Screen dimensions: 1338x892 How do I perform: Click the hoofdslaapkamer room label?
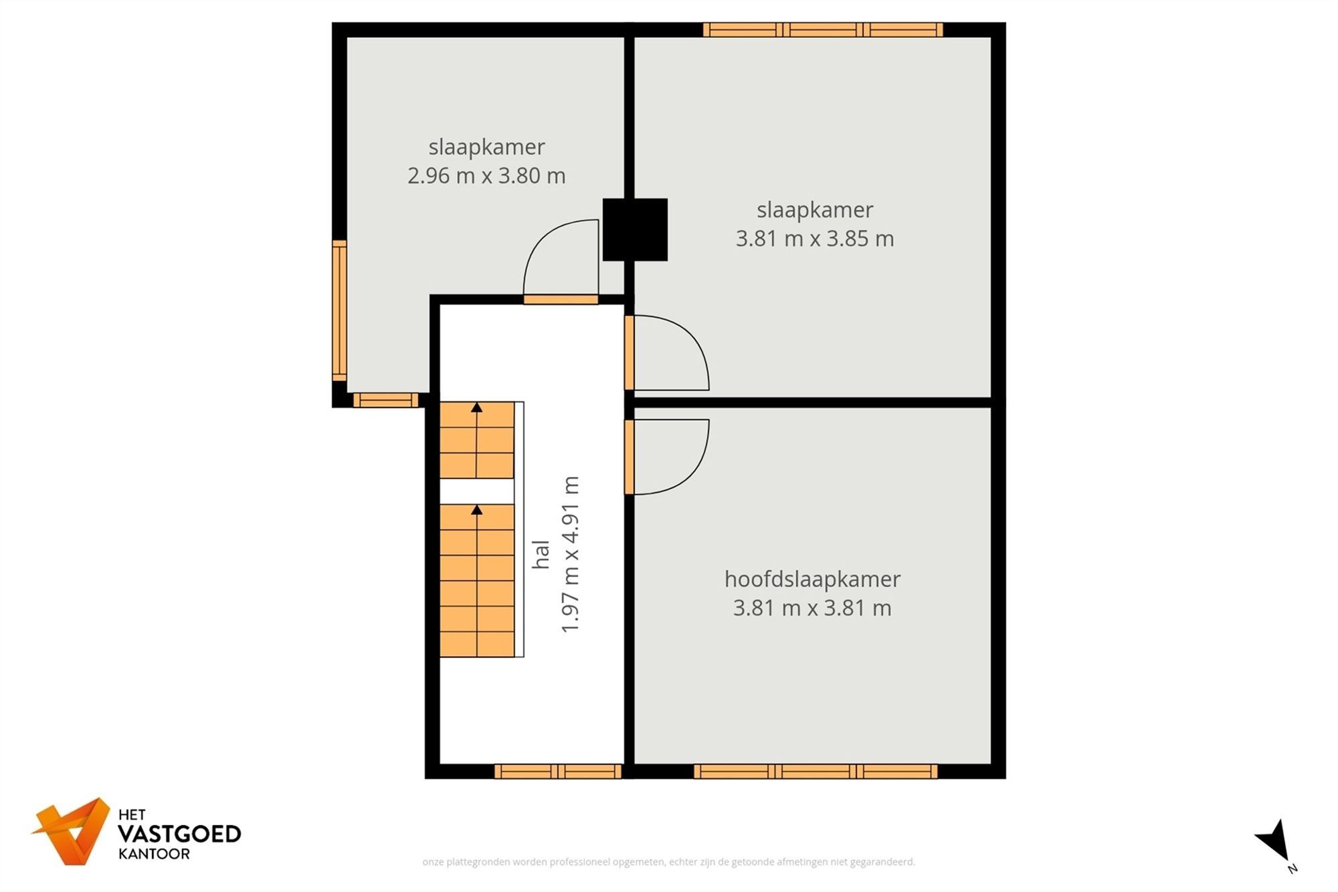point(812,579)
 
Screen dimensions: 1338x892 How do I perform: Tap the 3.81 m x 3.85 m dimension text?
point(815,239)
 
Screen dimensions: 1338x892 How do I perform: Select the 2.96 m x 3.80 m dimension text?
point(486,176)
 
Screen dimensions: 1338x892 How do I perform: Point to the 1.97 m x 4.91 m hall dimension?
point(570,554)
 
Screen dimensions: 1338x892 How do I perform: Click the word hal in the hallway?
point(541,554)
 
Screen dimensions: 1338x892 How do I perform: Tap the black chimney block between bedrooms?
point(635,230)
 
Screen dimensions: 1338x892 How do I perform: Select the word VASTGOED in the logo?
point(179,834)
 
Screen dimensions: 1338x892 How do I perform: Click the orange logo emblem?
point(72,831)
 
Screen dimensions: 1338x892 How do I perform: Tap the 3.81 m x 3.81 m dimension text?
point(812,608)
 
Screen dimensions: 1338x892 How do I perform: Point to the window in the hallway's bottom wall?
point(559,772)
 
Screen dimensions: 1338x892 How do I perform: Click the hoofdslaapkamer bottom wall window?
point(816,772)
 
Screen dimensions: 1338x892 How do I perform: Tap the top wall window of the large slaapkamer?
point(823,29)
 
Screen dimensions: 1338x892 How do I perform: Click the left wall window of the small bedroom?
point(340,310)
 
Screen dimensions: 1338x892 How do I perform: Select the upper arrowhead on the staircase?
point(476,407)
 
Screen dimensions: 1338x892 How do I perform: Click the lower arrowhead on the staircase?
point(476,510)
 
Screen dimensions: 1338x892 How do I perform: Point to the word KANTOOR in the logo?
point(154,854)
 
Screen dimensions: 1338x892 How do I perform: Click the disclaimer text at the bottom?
point(668,862)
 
